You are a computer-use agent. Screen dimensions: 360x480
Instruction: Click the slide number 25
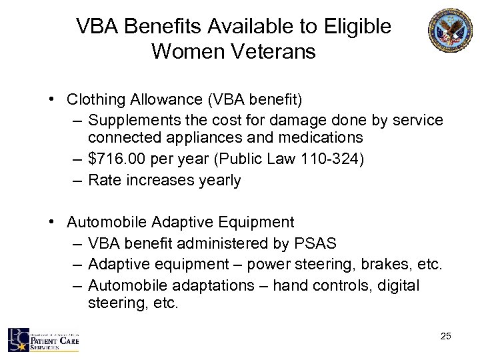[x=445, y=336]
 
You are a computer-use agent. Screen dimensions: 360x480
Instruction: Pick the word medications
[x=322, y=138]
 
